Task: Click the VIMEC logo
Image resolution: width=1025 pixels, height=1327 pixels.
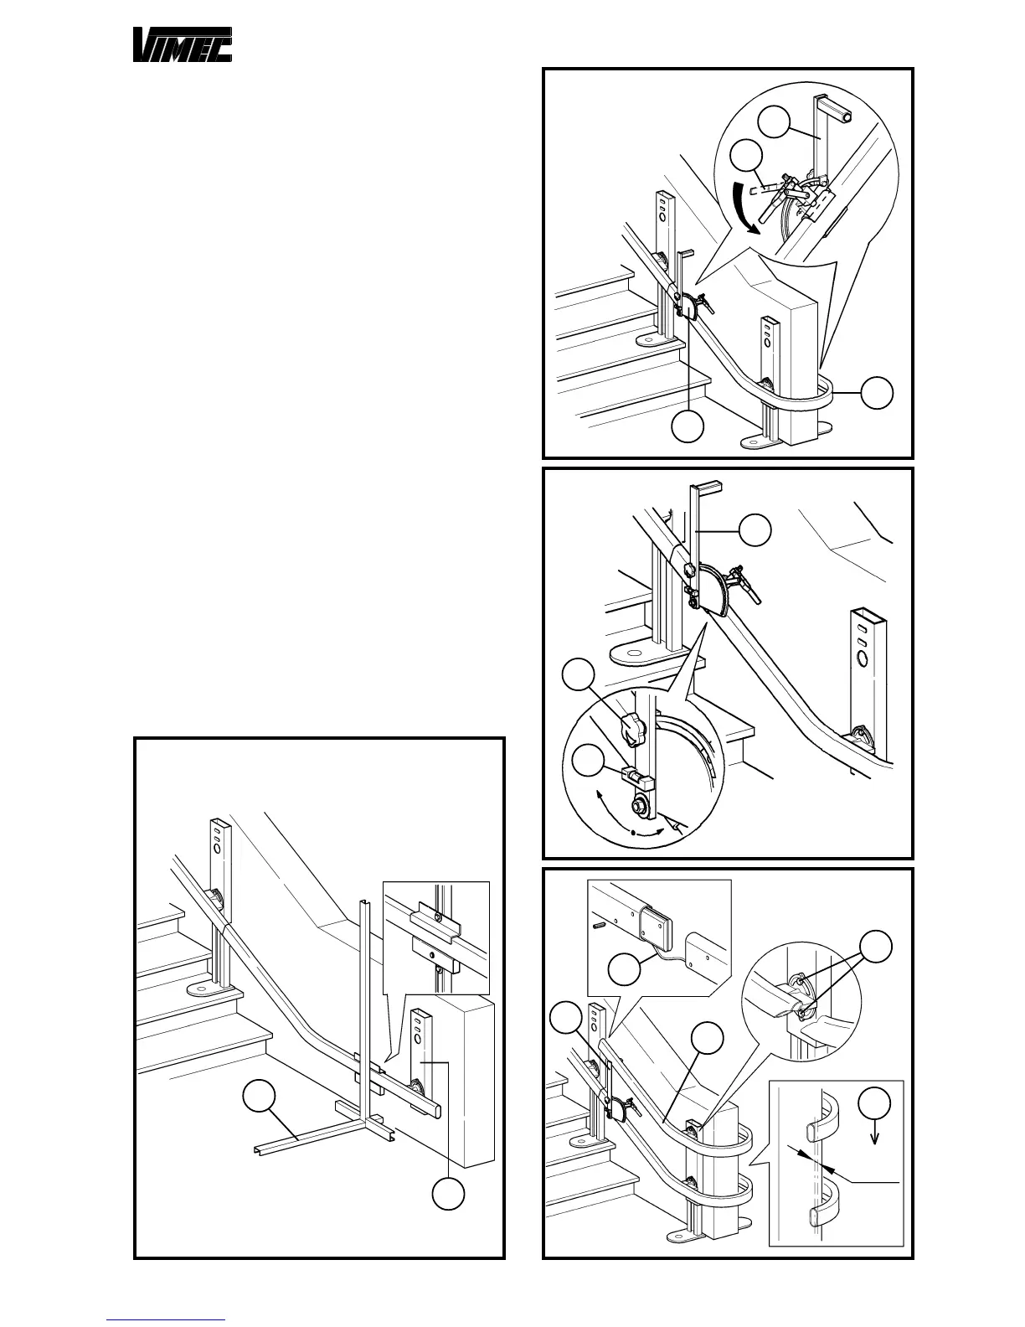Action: pyautogui.click(x=183, y=44)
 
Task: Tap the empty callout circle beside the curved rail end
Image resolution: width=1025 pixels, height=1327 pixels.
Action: pyautogui.click(x=877, y=392)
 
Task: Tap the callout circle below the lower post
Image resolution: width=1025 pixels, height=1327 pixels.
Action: pyautogui.click(x=448, y=1194)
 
